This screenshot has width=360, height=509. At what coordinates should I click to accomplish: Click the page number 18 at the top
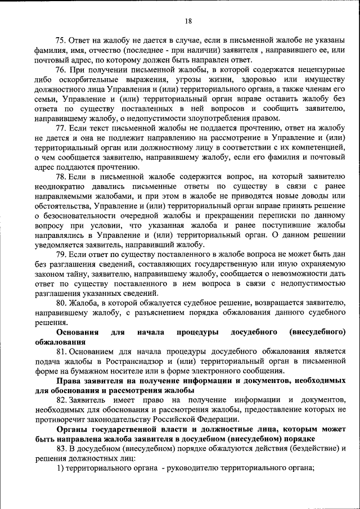[x=188, y=21]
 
